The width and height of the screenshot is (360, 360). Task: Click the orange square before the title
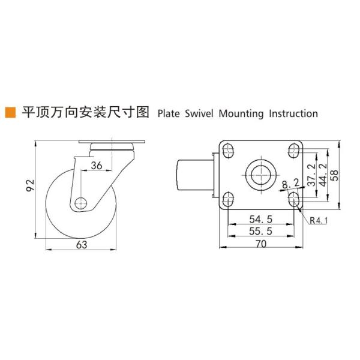tap(10, 112)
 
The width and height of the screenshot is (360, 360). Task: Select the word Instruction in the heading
tap(293, 113)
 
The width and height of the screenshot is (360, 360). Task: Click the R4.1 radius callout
tap(319, 220)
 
